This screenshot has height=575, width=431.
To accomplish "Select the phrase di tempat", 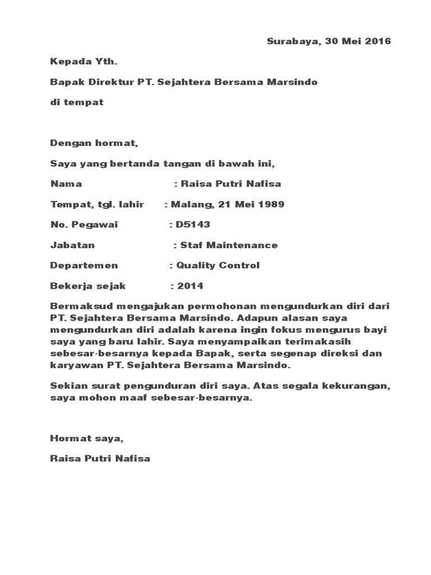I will [77, 102].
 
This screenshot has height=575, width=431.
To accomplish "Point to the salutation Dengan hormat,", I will [94, 143].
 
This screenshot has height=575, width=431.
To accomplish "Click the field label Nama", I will [66, 184].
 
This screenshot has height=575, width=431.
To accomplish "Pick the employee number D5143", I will [193, 225].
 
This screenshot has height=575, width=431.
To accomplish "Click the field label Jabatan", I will [72, 245].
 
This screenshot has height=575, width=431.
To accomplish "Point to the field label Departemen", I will [84, 266].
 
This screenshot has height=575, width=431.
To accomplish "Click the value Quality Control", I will [218, 266].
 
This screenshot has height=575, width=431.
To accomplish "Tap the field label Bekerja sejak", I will [88, 286].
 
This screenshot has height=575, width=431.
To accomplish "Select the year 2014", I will [190, 286].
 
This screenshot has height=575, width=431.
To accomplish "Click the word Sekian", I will [65, 387].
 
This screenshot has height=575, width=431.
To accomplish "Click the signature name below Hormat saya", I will [100, 459].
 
